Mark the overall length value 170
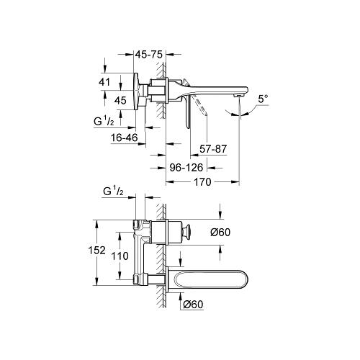(202, 183)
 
